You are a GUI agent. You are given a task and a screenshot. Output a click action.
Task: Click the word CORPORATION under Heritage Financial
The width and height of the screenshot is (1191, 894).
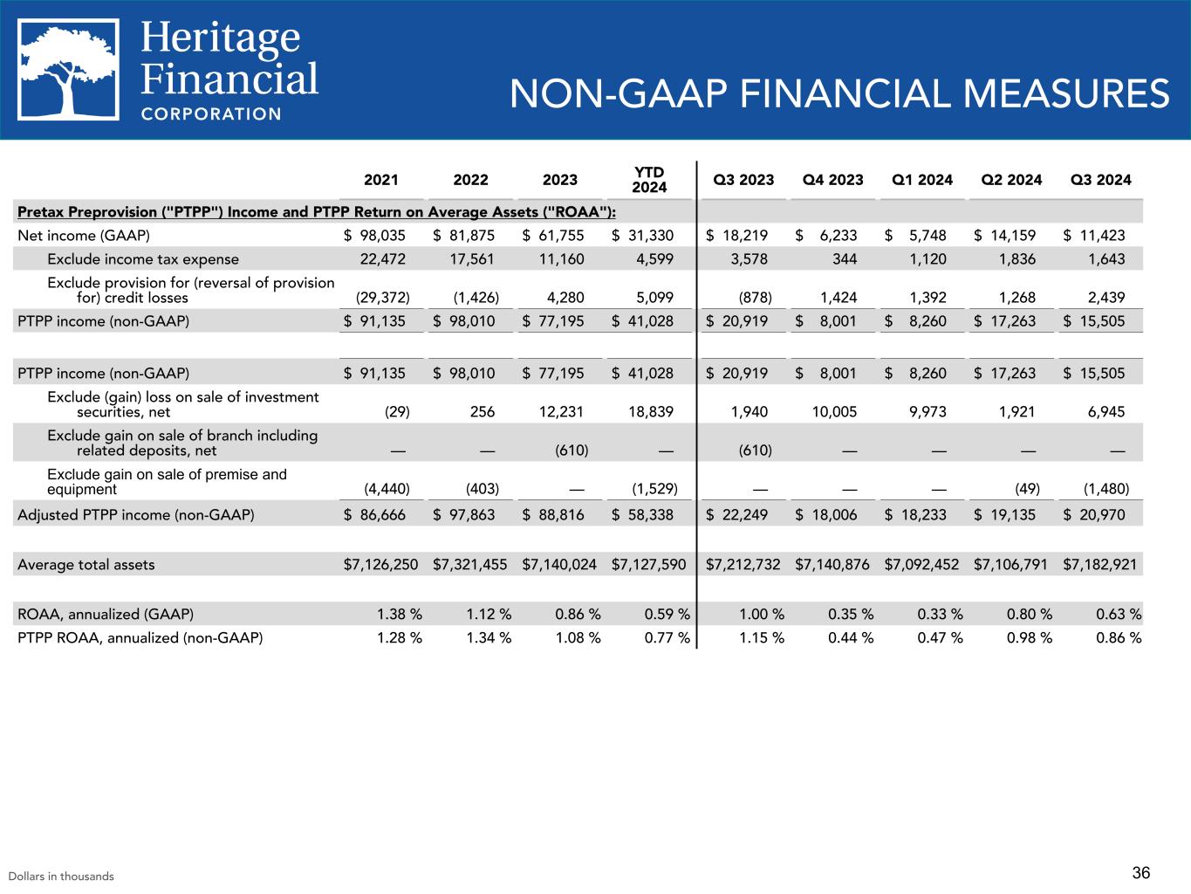pos(211,113)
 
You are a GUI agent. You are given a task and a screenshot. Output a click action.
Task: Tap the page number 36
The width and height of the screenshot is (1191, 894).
pos(1141,873)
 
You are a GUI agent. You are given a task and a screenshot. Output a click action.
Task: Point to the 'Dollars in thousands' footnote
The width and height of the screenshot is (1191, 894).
pos(61,876)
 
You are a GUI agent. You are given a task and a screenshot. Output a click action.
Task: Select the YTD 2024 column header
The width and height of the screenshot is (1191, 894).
pos(648,180)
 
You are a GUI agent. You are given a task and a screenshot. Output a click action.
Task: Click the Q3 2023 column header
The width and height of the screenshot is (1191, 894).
pos(743,180)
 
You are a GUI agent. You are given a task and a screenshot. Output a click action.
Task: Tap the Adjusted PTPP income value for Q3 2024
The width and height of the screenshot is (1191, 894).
pos(1095,515)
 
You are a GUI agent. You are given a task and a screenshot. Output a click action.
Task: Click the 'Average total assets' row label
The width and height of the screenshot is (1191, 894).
pos(86,564)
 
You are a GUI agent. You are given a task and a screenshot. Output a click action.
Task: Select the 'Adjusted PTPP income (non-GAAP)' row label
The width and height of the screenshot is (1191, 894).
pos(136,515)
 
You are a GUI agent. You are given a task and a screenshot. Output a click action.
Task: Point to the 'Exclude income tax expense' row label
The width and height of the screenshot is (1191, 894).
pos(143,259)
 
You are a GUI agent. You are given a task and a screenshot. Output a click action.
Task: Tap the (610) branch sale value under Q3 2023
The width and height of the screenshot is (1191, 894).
pos(755,450)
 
